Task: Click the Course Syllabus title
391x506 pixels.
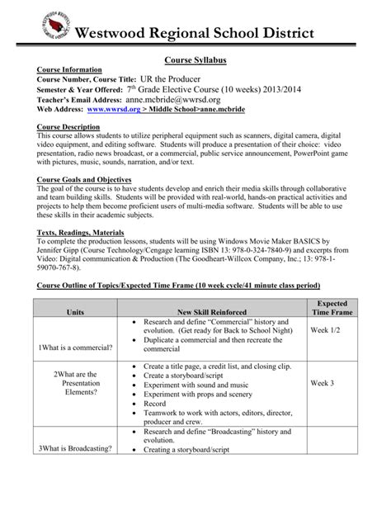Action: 195,61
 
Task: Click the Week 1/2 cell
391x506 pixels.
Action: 327,329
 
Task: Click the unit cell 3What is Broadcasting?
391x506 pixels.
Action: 74,448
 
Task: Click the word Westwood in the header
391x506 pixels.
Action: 121,32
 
